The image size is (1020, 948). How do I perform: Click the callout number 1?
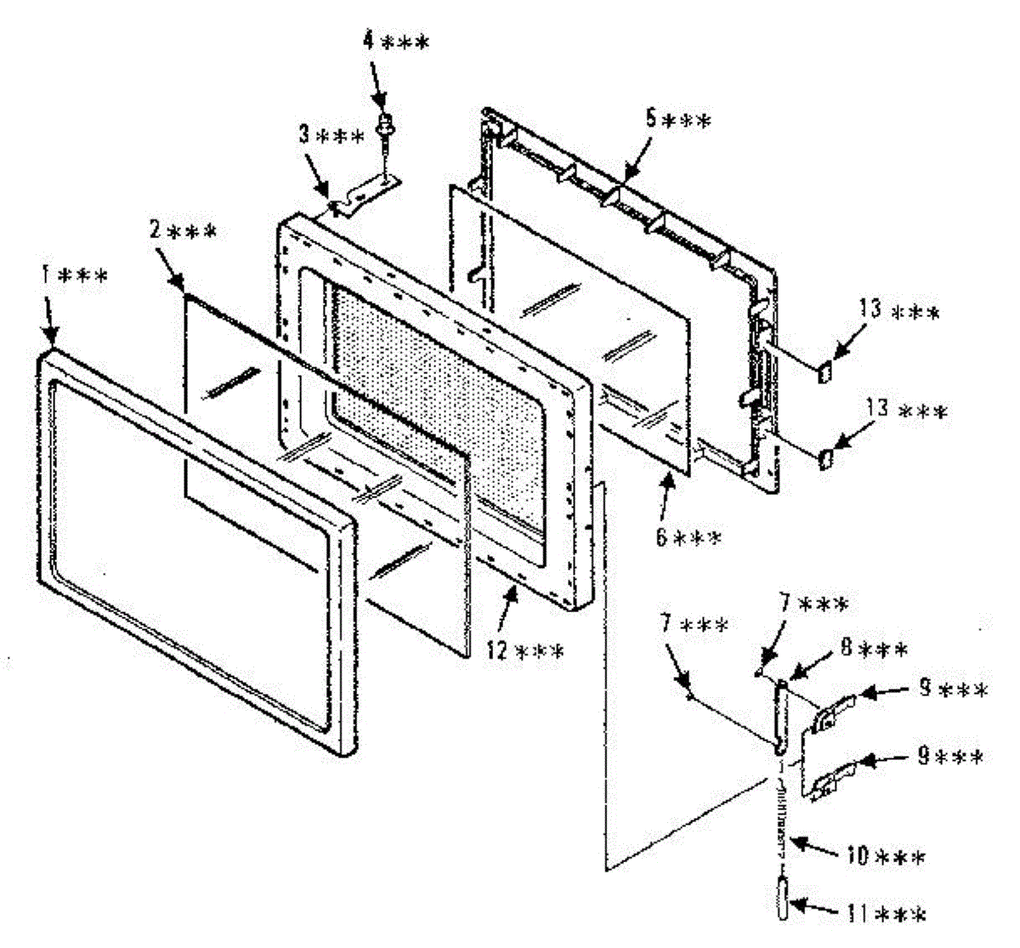(x=45, y=276)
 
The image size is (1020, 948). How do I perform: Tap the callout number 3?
(x=303, y=134)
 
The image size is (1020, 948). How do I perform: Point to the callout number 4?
(x=369, y=41)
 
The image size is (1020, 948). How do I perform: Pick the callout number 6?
(x=661, y=537)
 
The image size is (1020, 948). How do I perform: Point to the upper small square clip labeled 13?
(x=824, y=370)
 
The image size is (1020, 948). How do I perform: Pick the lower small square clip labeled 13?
(x=824, y=459)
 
